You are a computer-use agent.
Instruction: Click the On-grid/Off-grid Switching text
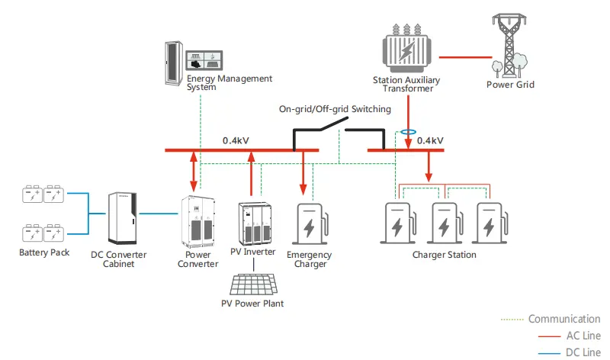[335, 109]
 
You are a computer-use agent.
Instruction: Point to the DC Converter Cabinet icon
[124, 218]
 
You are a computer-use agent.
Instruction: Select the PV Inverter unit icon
[253, 221]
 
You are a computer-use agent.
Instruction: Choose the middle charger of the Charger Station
[444, 223]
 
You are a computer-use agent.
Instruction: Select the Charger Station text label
[444, 255]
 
